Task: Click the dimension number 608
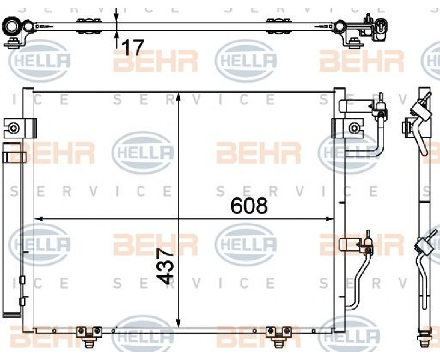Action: (x=249, y=206)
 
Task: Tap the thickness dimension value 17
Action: (x=134, y=47)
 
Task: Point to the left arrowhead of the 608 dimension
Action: (x=38, y=219)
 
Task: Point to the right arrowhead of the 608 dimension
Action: (x=330, y=219)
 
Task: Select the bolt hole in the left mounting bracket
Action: (x=13, y=128)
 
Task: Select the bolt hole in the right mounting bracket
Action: (x=354, y=128)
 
